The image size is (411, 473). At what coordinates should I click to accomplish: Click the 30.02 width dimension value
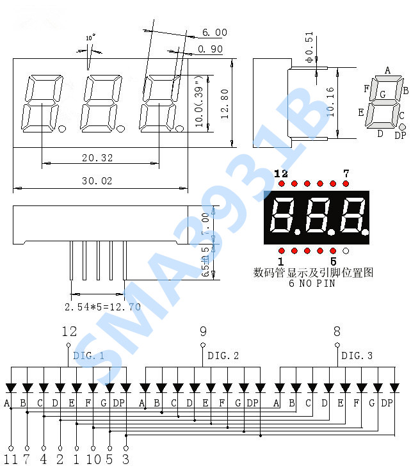(x=97, y=181)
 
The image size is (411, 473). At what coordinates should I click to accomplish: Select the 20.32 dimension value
(x=97, y=157)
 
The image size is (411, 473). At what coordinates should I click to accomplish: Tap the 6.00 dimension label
(x=214, y=33)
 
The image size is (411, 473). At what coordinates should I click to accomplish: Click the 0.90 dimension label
(x=211, y=49)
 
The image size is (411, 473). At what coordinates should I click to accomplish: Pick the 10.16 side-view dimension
(x=330, y=102)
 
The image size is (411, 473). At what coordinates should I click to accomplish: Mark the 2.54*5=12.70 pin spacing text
(x=102, y=307)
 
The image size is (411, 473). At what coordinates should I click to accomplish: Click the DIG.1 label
(x=88, y=355)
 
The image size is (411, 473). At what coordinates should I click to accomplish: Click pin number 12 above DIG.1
(x=69, y=332)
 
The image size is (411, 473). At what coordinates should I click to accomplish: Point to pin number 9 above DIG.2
(x=203, y=332)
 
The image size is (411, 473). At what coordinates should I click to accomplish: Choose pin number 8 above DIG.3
(x=337, y=332)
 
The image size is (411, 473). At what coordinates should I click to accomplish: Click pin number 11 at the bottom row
(x=10, y=460)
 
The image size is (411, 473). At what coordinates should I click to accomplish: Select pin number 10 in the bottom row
(x=93, y=460)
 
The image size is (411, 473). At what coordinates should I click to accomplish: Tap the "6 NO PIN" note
(x=312, y=284)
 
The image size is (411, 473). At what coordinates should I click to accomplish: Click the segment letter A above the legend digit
(x=388, y=70)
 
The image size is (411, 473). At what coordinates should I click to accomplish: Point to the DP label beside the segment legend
(x=400, y=134)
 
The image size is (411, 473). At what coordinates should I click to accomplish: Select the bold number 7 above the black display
(x=346, y=173)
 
